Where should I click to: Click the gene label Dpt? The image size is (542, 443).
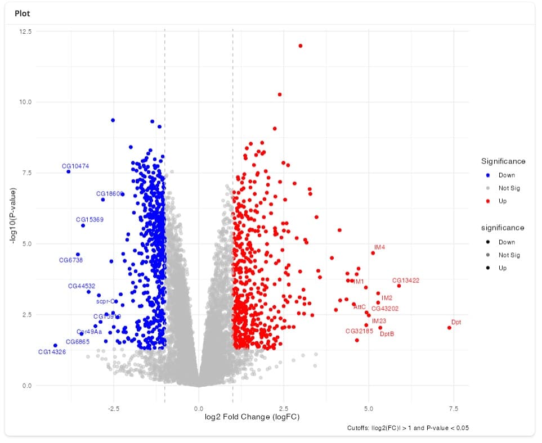point(456,322)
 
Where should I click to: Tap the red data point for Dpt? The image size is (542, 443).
point(449,328)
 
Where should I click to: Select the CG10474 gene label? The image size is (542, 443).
point(75,166)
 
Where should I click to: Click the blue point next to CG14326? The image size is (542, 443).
point(55,345)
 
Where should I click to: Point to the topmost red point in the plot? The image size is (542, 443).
point(301,46)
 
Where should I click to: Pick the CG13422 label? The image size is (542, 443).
point(405,280)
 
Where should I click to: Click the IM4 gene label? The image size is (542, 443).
point(379,247)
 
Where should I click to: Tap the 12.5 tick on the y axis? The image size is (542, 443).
point(26,31)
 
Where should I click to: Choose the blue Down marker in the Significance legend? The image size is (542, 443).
point(487,175)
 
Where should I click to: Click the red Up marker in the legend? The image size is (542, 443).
point(487,201)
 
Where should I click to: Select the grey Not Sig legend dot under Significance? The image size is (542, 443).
point(487,188)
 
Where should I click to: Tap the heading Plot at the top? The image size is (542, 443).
point(23,13)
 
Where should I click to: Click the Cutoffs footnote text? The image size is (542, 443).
point(408,428)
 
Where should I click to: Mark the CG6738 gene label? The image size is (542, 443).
point(71,260)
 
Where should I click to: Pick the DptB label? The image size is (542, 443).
point(387,334)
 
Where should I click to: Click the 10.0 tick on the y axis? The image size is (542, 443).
point(26,102)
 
